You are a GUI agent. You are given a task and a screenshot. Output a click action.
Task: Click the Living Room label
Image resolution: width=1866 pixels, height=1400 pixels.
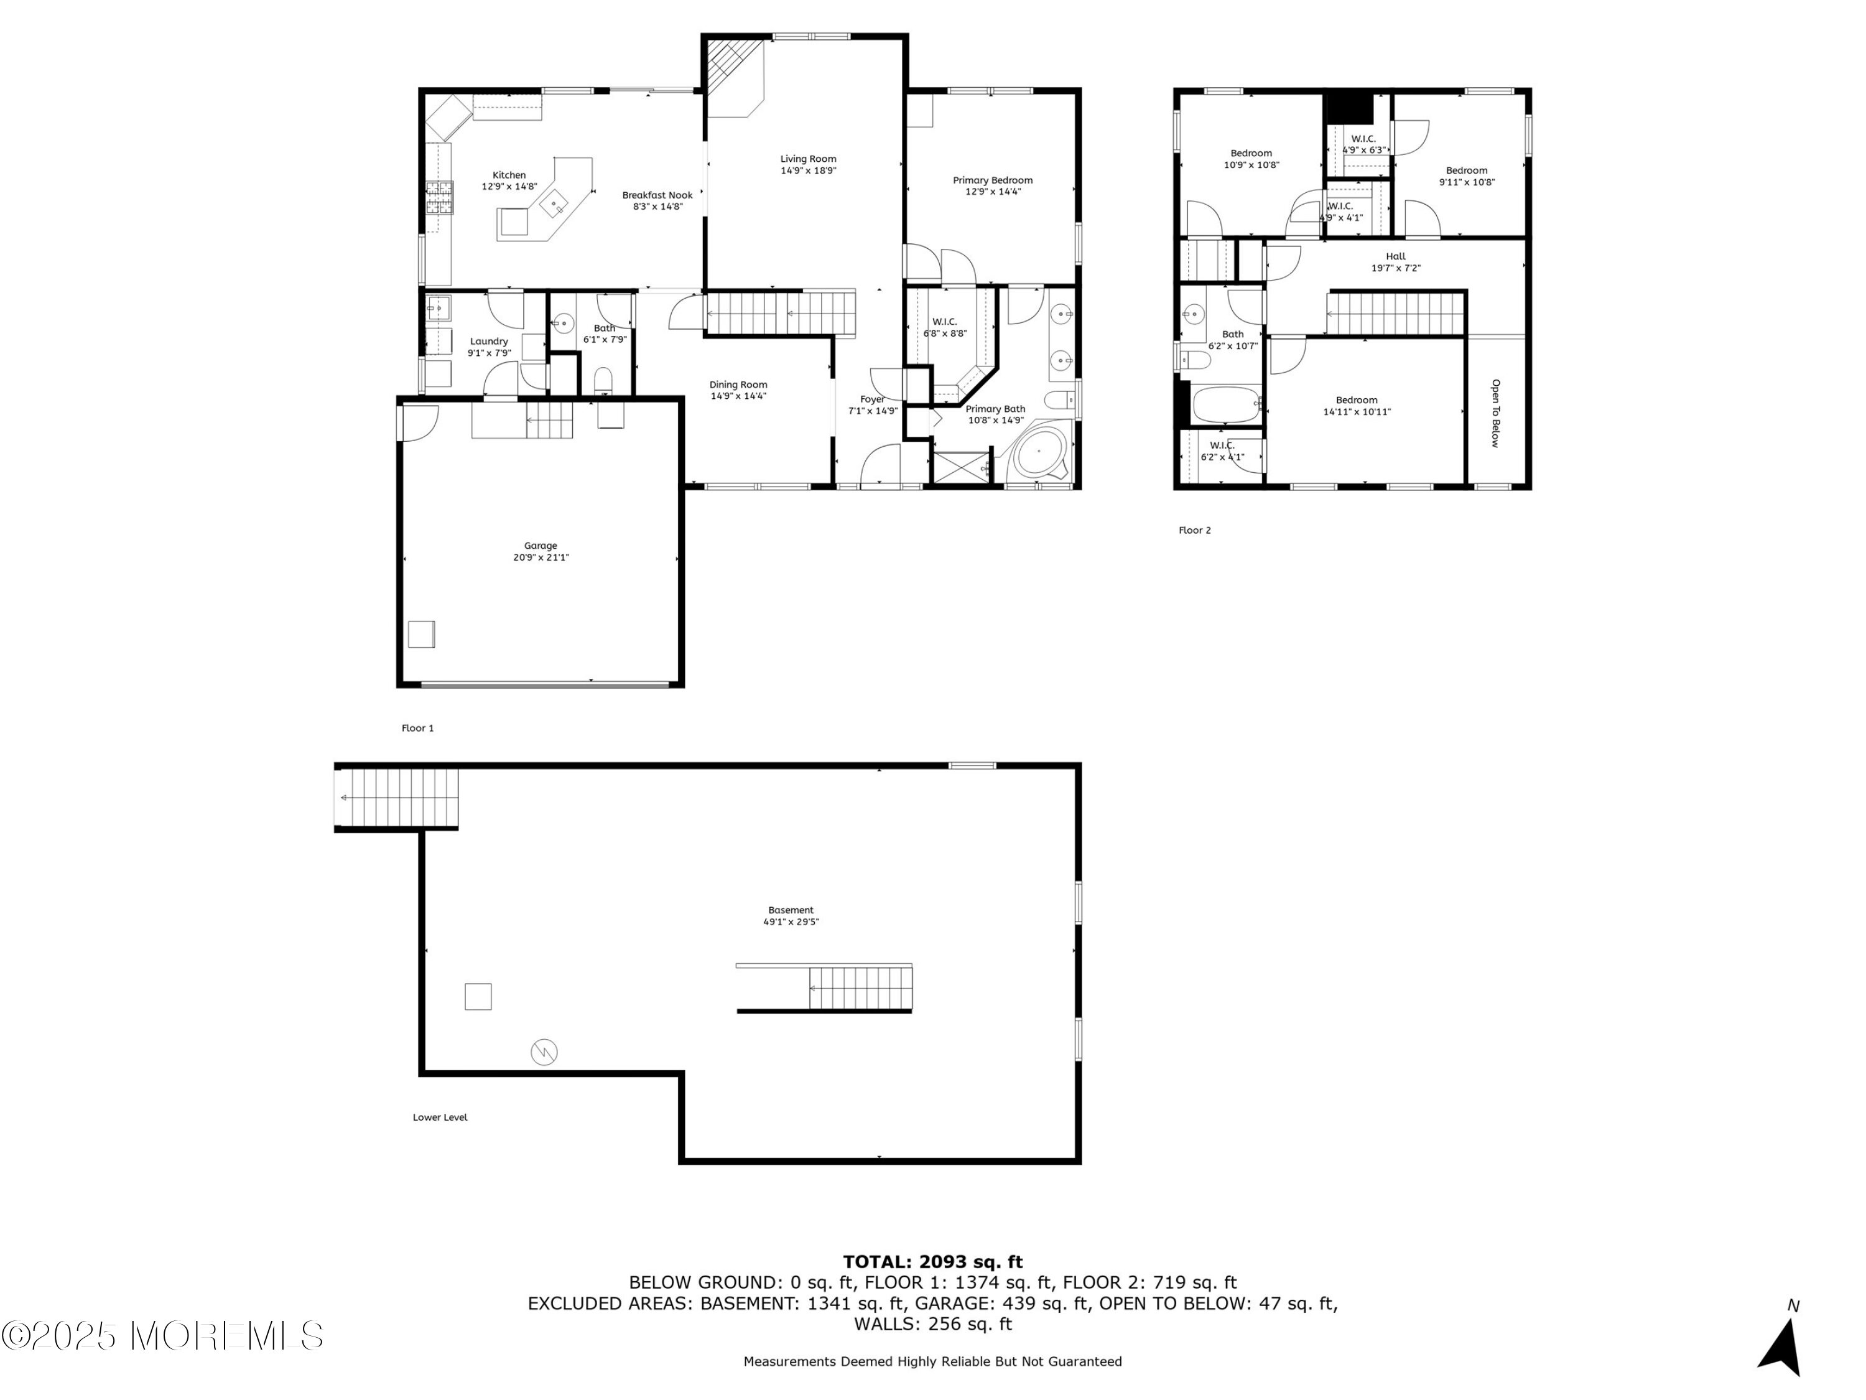point(808,159)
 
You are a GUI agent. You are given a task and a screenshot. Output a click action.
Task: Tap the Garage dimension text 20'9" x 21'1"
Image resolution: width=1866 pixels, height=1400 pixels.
point(541,558)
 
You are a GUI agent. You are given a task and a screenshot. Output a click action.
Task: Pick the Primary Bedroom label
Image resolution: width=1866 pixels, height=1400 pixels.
point(993,180)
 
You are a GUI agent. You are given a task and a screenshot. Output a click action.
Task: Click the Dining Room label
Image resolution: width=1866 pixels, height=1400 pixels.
point(738,385)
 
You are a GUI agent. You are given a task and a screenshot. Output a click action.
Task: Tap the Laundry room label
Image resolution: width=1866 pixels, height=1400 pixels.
point(490,342)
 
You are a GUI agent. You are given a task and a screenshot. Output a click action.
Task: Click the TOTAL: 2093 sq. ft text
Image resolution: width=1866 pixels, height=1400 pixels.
point(933,1262)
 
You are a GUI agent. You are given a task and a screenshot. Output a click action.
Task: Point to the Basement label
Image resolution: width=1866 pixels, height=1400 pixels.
point(791,910)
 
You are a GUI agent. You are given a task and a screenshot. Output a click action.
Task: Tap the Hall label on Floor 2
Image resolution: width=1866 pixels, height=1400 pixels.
point(1396,256)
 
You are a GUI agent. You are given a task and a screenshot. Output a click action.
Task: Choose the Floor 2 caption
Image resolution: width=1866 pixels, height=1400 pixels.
point(1194,531)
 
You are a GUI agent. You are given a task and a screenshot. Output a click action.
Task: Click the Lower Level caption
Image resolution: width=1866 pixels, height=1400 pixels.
point(440,1118)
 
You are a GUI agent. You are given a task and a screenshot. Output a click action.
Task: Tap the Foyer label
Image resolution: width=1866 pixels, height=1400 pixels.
point(872,399)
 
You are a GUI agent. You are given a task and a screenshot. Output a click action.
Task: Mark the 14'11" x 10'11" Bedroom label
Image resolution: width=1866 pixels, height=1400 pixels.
point(1357,401)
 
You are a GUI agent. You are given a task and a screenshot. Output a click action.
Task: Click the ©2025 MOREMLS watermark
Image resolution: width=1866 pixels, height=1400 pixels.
point(162,1336)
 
